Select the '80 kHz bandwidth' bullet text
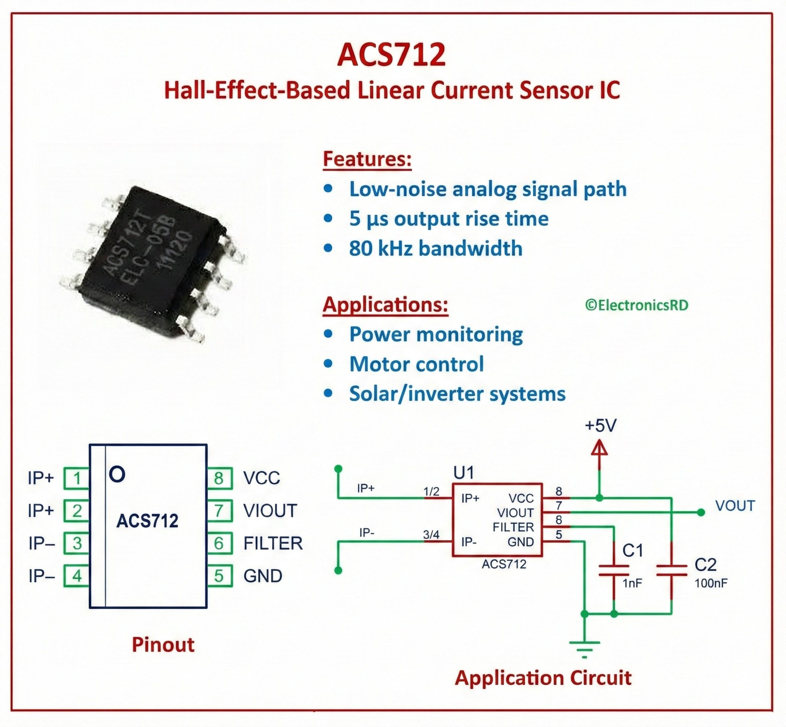click(435, 249)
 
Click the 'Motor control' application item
click(416, 364)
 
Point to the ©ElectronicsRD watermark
click(636, 305)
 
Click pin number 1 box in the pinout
click(77, 478)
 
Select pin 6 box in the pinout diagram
click(219, 543)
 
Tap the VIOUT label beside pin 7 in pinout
click(270, 511)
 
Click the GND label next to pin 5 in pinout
click(263, 576)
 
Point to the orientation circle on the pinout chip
click(117, 475)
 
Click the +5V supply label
click(600, 426)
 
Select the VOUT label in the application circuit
click(735, 506)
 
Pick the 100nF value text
click(711, 583)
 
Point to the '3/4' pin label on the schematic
click(431, 535)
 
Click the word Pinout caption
click(163, 645)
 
